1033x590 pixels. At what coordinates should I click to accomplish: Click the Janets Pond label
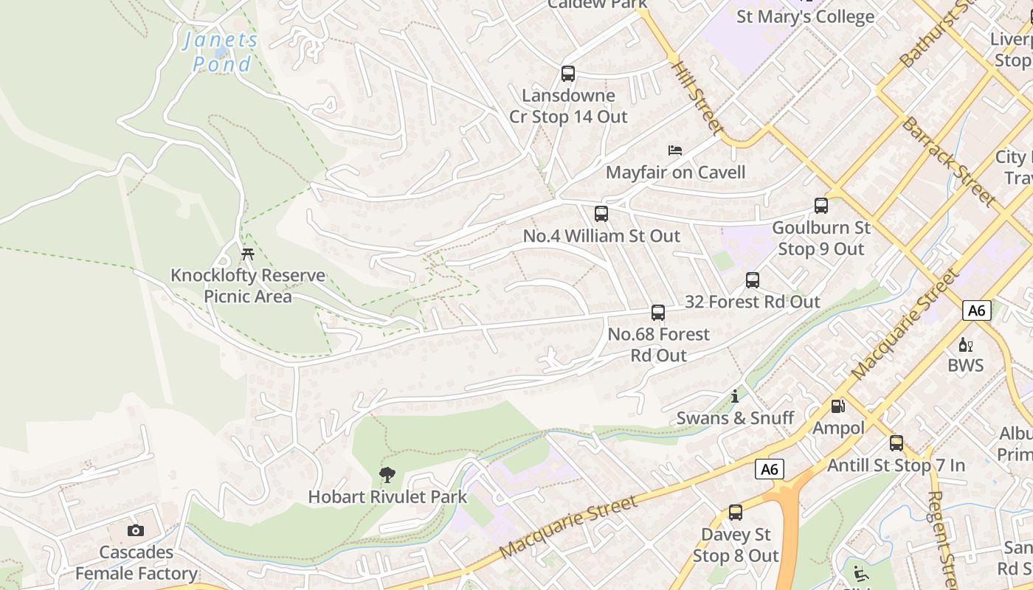[x=221, y=52]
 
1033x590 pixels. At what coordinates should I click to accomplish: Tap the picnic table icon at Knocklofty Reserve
[x=248, y=254]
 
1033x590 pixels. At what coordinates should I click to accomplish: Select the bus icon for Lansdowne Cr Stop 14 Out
[x=567, y=74]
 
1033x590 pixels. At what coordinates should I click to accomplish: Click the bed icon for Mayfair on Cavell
[x=674, y=150]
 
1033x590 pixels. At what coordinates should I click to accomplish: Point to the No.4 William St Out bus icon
[x=601, y=214]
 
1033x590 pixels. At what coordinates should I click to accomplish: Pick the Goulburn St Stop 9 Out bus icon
[x=820, y=206]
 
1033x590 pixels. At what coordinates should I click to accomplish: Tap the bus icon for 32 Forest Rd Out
[x=752, y=280]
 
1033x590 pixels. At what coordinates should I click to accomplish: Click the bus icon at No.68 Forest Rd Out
[x=657, y=313]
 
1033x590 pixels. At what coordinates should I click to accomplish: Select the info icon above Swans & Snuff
[x=735, y=397]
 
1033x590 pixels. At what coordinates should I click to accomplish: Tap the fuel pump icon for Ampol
[x=837, y=406]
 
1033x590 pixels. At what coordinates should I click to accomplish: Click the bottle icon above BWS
[x=965, y=344]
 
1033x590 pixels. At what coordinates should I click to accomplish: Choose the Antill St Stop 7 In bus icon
[x=896, y=443]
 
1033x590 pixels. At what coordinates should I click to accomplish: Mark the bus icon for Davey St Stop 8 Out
[x=735, y=513]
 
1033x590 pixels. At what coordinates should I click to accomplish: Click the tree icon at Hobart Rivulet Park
[x=387, y=475]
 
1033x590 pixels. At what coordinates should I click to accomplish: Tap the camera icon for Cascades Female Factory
[x=135, y=530]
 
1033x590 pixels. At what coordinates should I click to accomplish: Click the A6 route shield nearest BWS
[x=975, y=310]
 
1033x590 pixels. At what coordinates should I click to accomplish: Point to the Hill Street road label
[x=697, y=98]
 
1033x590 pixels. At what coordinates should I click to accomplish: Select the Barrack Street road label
[x=948, y=161]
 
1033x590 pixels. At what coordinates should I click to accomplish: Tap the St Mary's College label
[x=805, y=16]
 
